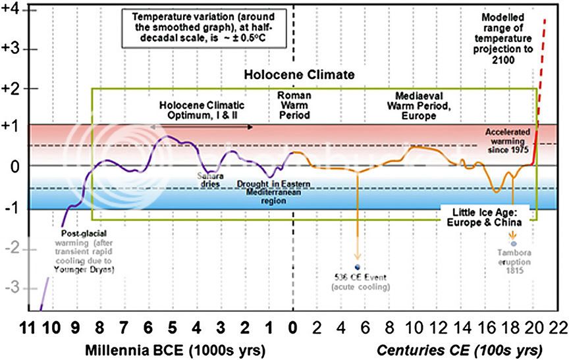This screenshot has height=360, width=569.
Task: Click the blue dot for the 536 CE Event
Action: (x=357, y=267)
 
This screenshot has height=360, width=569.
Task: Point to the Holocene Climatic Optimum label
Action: (x=202, y=110)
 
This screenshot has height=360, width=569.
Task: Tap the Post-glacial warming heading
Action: (x=84, y=234)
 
